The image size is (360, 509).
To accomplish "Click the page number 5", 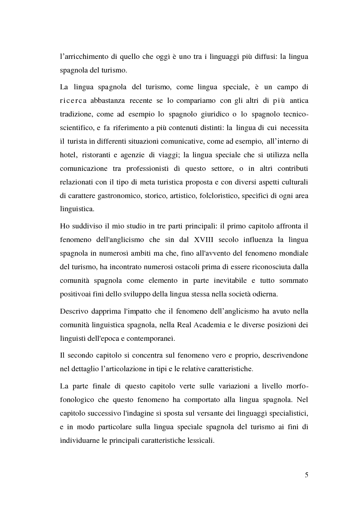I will click(306, 475).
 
